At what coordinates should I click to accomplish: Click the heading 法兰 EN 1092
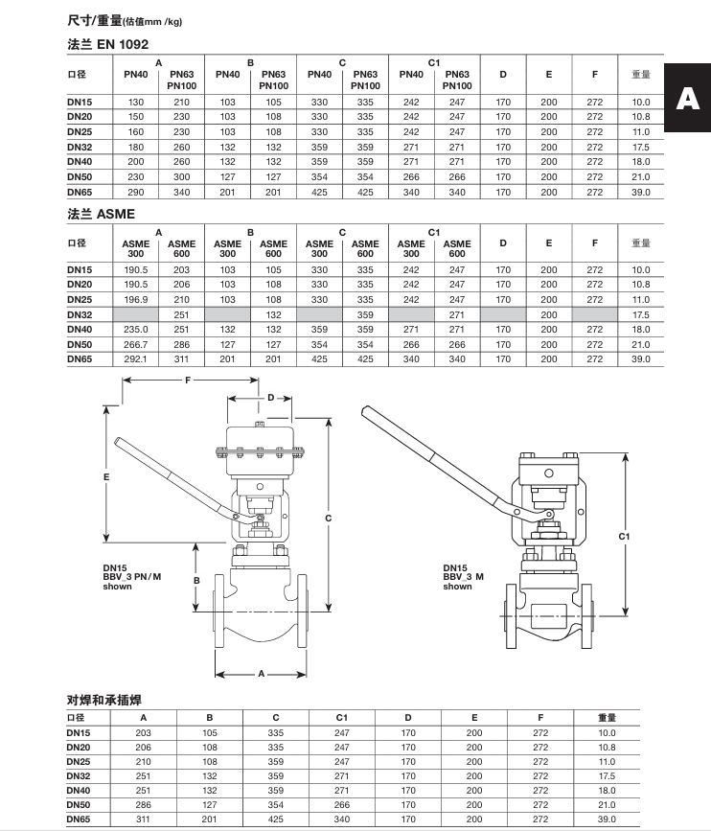point(108,45)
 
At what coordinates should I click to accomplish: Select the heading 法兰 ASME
point(102,214)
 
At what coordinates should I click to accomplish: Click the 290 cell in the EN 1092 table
point(136,193)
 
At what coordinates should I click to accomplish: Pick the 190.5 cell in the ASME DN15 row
point(136,270)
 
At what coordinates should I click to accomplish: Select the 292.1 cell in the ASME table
point(136,359)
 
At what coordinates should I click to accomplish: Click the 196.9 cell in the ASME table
point(136,300)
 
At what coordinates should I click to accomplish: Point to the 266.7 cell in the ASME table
point(136,344)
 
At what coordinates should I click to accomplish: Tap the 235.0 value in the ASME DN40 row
point(136,330)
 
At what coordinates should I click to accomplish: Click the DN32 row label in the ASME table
point(80,314)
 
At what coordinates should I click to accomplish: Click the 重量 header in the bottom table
point(607,717)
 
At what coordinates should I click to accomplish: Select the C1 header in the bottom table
point(342,717)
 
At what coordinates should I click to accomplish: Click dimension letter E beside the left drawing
point(107,476)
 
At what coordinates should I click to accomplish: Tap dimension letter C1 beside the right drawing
point(625,536)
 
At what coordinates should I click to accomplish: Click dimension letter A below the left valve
point(261,674)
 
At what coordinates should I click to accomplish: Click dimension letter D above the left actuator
point(271,397)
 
